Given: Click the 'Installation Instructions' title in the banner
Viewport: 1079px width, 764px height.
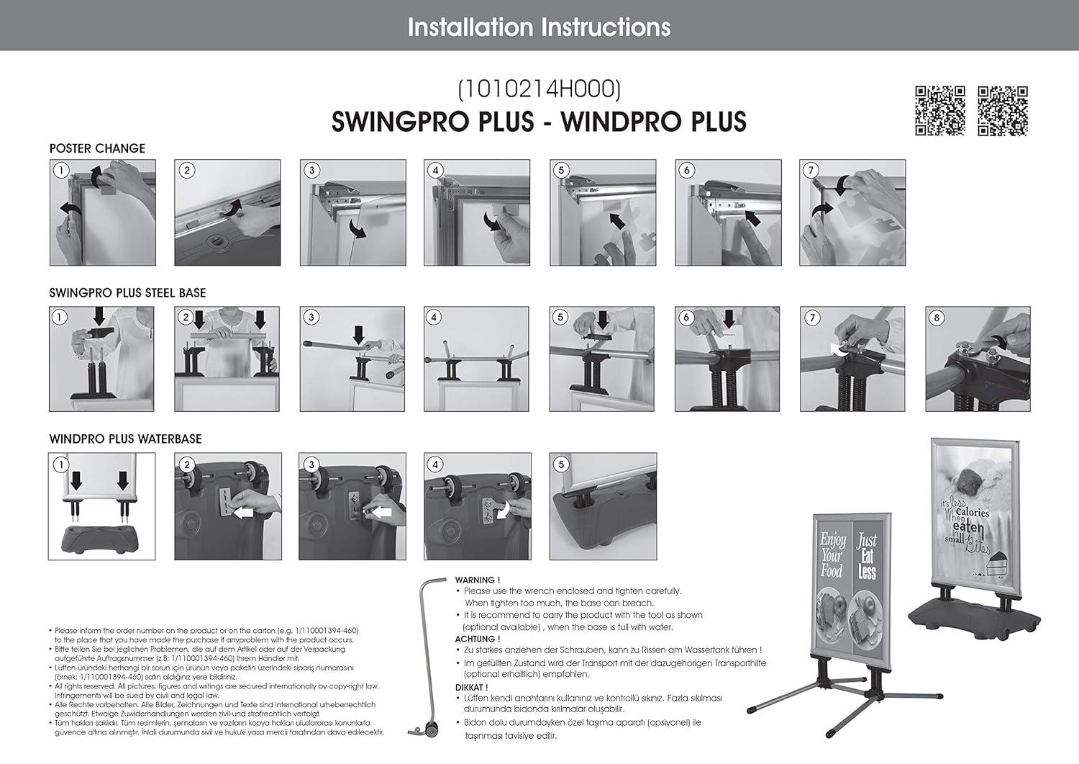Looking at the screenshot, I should (x=539, y=27).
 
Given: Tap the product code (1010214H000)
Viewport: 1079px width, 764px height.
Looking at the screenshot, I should (x=539, y=89).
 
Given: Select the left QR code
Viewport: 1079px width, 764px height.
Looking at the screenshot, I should (x=939, y=111).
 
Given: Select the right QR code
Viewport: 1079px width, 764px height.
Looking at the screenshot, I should (x=1003, y=111).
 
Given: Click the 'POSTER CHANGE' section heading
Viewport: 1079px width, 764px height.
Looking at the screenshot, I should (x=97, y=148).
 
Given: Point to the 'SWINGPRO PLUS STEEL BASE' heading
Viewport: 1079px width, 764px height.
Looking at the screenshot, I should (x=127, y=293).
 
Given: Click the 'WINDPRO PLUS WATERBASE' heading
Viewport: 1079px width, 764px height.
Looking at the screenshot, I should (x=125, y=439).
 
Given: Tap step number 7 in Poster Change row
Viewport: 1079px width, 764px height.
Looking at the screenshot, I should (x=811, y=171).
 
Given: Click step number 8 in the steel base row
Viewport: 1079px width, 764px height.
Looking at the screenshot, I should (x=937, y=318).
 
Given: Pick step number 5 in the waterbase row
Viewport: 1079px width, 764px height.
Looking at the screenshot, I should (x=561, y=464).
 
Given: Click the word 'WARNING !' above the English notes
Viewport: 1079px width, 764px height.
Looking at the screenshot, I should (x=477, y=580).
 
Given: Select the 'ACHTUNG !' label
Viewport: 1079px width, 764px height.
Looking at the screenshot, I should (x=477, y=639).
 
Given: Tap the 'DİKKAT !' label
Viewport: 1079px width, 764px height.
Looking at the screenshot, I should (x=471, y=687).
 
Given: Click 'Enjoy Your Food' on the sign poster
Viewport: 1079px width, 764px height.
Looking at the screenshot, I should (x=832, y=554).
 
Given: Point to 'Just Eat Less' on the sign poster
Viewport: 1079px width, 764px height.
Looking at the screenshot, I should (x=867, y=556).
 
